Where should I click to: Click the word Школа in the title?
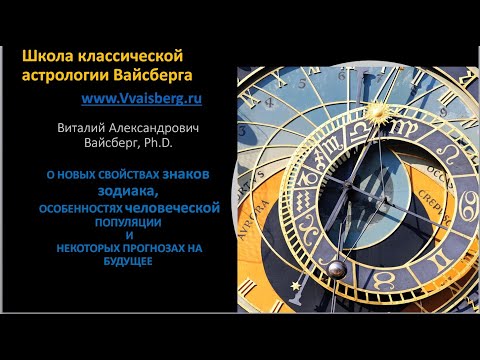pyautogui.click(x=45, y=56)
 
